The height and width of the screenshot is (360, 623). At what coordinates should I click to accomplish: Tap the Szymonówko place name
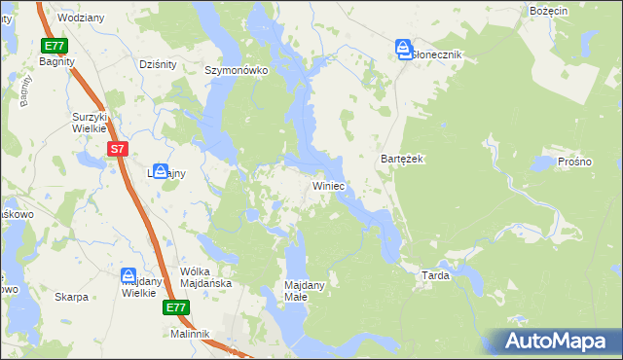(236, 70)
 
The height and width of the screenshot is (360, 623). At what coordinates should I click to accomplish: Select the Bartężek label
(400, 158)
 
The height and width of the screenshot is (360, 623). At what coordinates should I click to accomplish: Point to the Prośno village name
(574, 162)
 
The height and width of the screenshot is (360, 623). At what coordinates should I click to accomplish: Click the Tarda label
(434, 275)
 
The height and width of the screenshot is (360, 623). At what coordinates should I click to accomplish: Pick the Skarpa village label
(72, 297)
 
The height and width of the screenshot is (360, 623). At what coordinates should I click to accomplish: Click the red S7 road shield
(117, 149)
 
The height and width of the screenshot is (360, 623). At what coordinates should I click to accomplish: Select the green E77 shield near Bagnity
(55, 46)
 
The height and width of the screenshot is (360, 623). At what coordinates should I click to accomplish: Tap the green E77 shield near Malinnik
(175, 308)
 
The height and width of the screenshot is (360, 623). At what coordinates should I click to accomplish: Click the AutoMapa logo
(555, 341)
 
